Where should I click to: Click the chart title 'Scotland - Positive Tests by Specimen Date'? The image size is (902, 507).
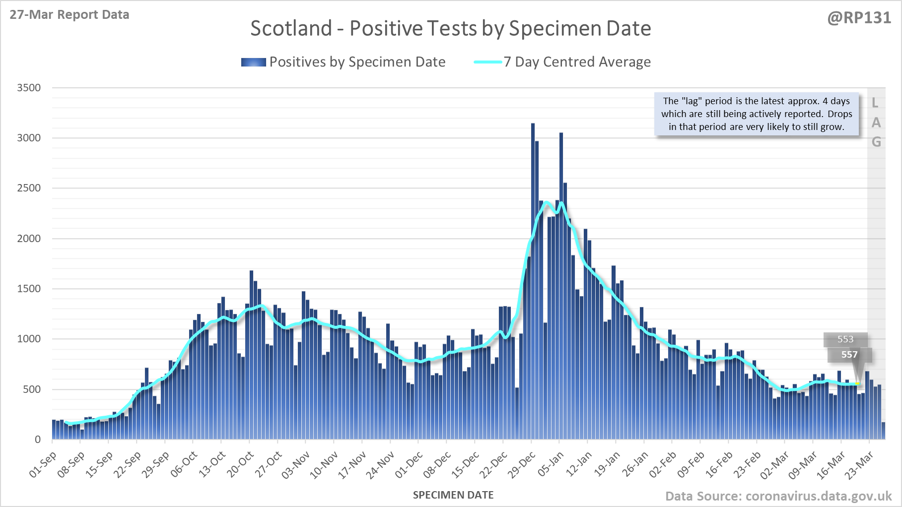pos(450,28)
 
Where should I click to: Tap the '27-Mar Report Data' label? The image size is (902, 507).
pos(69,15)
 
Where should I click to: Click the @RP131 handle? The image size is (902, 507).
pos(859,18)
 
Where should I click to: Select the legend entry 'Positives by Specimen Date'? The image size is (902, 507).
pos(357,62)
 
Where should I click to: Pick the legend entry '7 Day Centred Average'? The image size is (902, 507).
pos(577,62)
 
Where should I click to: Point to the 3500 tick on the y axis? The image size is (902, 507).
pos(29,88)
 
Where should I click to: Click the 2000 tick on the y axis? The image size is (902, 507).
pos(29,239)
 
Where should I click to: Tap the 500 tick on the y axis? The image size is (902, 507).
pos(32,389)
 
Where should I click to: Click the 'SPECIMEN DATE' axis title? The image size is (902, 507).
pos(453,495)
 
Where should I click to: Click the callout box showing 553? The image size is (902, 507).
pos(845,339)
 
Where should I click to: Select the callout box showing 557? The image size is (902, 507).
pos(849,355)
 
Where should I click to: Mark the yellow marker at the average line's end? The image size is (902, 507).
pos(857,384)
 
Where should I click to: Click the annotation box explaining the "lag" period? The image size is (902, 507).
pos(756,114)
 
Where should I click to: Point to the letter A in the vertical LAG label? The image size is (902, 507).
pos(876,123)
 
